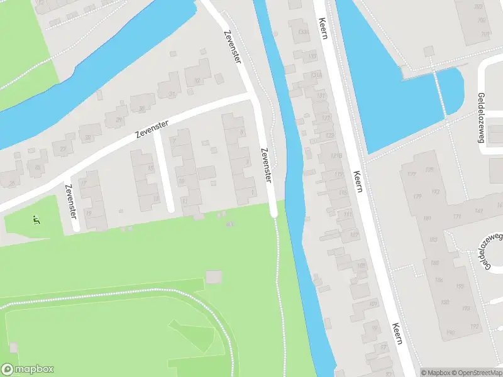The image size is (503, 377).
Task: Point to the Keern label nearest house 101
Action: point(396,333)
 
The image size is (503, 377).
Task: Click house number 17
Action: point(84,182)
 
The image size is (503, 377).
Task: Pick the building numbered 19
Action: point(89,214)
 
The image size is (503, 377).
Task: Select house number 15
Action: point(150,168)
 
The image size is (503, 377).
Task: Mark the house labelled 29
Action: point(119,120)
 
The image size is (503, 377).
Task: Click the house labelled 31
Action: point(173,94)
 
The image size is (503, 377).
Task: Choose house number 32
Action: point(197,80)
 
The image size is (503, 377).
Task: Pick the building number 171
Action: point(456,217)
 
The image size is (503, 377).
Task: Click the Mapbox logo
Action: point(27,369)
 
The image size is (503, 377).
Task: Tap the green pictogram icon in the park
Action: point(36,219)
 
